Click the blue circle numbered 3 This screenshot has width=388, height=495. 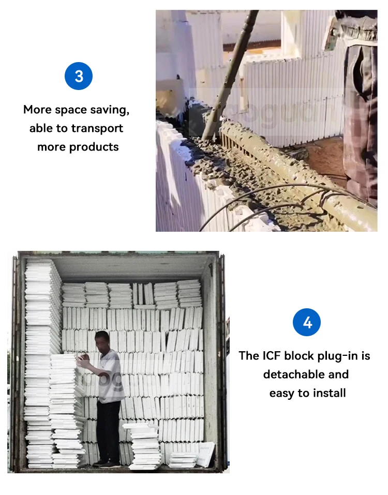pos(79,76)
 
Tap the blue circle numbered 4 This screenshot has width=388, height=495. pos(307,322)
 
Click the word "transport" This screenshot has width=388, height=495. pos(97,128)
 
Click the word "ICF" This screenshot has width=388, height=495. pos(272,356)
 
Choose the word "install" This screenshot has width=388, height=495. pos(329,393)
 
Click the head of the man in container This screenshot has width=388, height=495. pos(102,340)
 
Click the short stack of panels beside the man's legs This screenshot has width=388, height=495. pos(142,446)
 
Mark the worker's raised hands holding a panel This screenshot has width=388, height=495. pos(83,361)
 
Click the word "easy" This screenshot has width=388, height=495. pos(282,394)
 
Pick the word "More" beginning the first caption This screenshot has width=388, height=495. pos(37,110)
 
